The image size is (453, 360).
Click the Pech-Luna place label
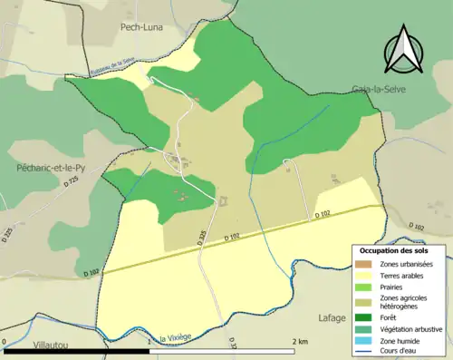140,27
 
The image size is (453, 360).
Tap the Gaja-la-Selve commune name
379,90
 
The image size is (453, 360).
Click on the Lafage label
333,317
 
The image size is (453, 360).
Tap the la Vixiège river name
175,338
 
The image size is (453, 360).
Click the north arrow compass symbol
403,49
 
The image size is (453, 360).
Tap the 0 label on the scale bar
5,342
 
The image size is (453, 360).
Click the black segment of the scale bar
77,352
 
